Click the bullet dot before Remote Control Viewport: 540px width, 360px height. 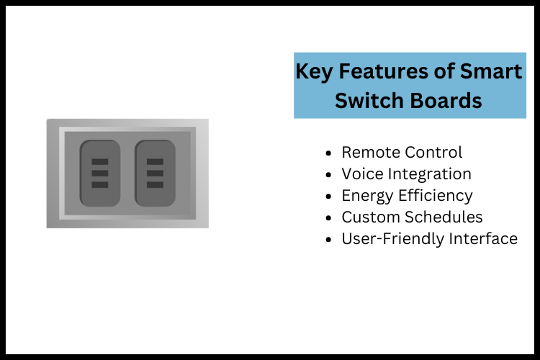[x=330, y=153]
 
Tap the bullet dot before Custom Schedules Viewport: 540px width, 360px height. [x=330, y=218]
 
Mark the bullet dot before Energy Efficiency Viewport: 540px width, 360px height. [x=330, y=197]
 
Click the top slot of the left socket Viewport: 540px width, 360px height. [x=100, y=161]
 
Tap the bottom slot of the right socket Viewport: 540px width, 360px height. [x=155, y=185]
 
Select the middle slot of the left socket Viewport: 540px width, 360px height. [x=100, y=174]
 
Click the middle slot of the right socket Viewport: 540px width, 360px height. [x=155, y=174]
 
